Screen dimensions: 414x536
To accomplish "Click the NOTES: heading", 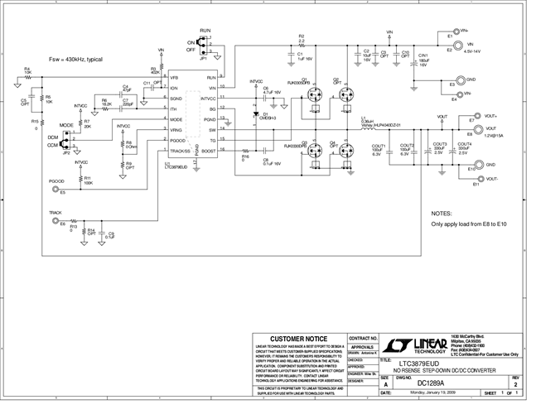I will (x=442, y=213).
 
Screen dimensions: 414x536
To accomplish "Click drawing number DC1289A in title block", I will (x=430, y=383).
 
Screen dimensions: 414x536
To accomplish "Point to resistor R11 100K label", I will (x=88, y=181).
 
